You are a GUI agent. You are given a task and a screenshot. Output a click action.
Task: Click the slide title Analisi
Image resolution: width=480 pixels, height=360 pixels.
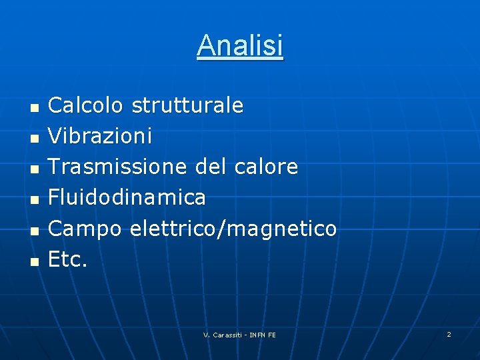[240, 46]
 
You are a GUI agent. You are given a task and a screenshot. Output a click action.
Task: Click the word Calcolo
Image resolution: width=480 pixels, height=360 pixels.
[86, 105]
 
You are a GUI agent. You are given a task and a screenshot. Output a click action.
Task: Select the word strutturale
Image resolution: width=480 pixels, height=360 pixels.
[187, 105]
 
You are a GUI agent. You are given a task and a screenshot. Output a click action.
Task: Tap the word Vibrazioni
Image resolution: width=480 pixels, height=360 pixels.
[100, 136]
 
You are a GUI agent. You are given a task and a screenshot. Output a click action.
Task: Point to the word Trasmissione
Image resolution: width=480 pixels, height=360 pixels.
[119, 167]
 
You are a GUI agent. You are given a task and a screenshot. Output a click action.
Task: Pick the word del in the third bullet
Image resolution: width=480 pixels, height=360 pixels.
[211, 167]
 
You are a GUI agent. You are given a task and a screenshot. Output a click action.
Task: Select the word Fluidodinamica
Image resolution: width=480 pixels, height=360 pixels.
[127, 197]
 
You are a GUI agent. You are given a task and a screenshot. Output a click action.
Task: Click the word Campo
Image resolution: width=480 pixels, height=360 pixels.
[85, 229]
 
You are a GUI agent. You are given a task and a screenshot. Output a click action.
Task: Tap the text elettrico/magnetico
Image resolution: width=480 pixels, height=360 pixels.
[233, 229]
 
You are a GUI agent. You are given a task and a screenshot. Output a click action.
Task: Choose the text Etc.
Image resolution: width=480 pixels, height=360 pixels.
[68, 259]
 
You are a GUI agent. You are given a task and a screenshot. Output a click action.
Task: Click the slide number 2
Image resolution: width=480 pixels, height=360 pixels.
[449, 334]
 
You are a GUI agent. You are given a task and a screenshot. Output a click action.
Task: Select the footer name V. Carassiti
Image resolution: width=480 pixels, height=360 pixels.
[223, 335]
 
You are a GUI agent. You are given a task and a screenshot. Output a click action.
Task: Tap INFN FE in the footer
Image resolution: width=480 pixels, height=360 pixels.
[263, 335]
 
